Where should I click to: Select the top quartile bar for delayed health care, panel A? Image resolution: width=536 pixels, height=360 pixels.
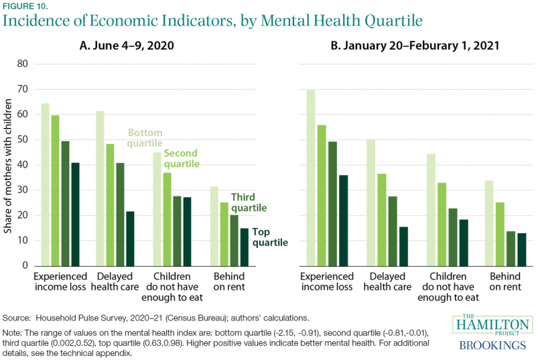point(130,239)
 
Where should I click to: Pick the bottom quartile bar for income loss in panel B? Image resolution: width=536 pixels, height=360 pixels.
point(311,178)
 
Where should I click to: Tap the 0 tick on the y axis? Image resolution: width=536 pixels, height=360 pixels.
point(27,265)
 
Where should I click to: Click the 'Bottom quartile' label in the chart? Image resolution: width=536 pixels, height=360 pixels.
point(145,138)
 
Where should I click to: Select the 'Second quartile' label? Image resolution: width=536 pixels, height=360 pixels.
point(182,160)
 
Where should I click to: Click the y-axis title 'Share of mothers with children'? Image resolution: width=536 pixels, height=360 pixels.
point(9,165)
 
